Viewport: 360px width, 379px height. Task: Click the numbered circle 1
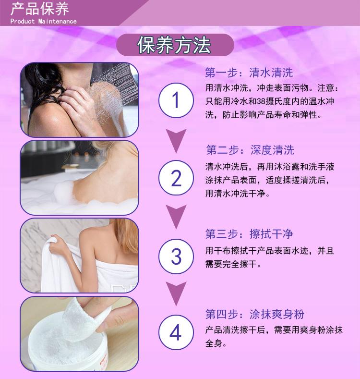[176, 100]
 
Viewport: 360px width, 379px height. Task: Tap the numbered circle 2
[176, 178]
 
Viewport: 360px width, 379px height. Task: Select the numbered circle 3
[176, 256]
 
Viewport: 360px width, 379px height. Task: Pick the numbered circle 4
[176, 332]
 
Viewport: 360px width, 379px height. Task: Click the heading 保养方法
[174, 45]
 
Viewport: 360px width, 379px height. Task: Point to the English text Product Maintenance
[44, 21]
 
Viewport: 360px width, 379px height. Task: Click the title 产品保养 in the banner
[40, 9]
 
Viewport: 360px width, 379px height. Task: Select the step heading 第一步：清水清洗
[249, 73]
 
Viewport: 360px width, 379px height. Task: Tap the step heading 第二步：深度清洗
[250, 150]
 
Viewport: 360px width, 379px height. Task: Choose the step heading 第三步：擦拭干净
[249, 234]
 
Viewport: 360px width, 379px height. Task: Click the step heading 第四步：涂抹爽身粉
[255, 314]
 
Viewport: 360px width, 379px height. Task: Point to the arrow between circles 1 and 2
[176, 140]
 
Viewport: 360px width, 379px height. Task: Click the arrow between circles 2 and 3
[176, 216]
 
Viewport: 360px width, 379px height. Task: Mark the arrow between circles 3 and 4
[176, 293]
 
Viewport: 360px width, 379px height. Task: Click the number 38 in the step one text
[261, 101]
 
